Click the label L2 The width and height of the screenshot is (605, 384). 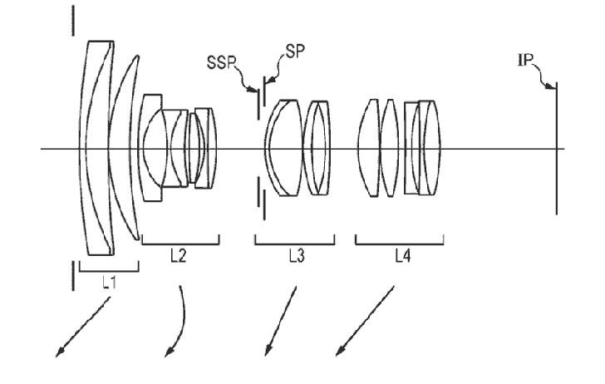(x=177, y=258)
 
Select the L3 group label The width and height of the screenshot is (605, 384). (x=295, y=258)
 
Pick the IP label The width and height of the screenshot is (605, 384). (x=527, y=60)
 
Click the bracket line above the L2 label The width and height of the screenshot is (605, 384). (x=180, y=244)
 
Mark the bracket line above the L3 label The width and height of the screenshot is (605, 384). (x=294, y=244)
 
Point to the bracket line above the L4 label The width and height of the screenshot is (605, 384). (x=399, y=244)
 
